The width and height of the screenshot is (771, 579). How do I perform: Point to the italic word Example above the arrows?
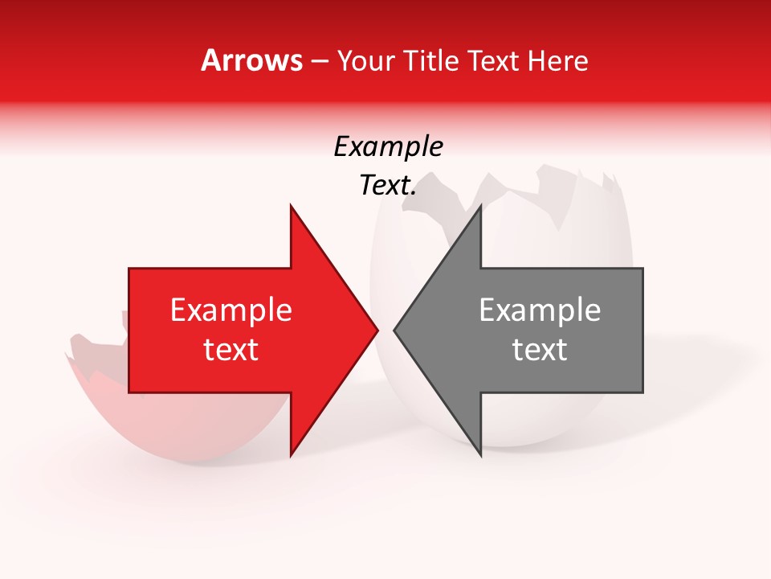(x=388, y=146)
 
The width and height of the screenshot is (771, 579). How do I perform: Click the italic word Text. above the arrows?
(x=388, y=186)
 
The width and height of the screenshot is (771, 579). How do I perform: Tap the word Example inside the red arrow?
(x=231, y=310)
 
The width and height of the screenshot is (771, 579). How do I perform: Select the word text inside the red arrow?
(x=231, y=350)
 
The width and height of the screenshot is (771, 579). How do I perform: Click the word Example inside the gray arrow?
(x=540, y=310)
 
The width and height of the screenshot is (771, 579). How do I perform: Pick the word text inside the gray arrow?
(x=540, y=350)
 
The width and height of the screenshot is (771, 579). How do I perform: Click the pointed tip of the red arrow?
(x=377, y=330)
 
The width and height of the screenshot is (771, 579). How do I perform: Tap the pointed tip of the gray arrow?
(x=394, y=330)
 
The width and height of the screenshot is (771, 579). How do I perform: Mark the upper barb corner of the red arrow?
(x=291, y=206)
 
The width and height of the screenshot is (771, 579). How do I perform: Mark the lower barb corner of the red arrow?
(x=291, y=455)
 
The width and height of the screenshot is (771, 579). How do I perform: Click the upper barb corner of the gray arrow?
(x=480, y=206)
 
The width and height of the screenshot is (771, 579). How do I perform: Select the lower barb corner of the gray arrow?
(x=480, y=455)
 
